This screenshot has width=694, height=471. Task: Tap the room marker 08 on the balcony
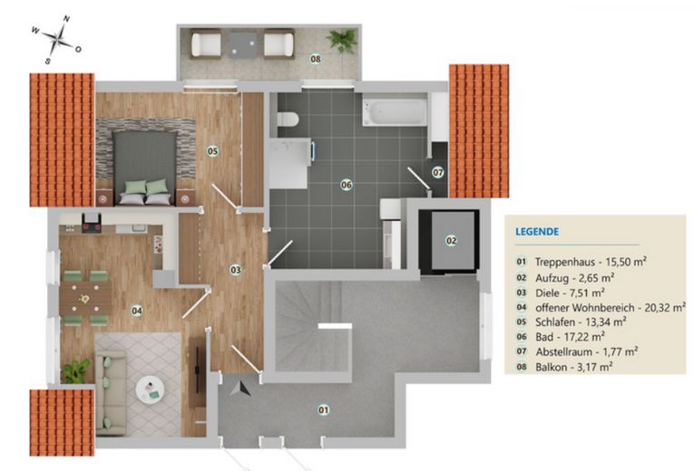click(316, 60)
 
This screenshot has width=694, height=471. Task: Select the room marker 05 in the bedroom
click(211, 151)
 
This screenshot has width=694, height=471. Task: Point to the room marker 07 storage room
click(437, 171)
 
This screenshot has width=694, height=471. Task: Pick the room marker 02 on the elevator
click(451, 240)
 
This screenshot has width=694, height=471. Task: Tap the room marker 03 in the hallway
click(235, 269)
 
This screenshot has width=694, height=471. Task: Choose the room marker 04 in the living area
click(136, 311)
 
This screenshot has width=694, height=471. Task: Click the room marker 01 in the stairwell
click(323, 410)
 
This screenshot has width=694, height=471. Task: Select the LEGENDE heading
click(537, 232)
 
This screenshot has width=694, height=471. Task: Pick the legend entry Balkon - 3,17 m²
click(572, 366)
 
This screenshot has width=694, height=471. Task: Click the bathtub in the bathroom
click(395, 113)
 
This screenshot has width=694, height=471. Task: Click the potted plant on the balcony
click(342, 40)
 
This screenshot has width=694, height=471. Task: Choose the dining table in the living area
click(85, 296)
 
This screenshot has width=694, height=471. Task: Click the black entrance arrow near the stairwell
click(241, 389)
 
